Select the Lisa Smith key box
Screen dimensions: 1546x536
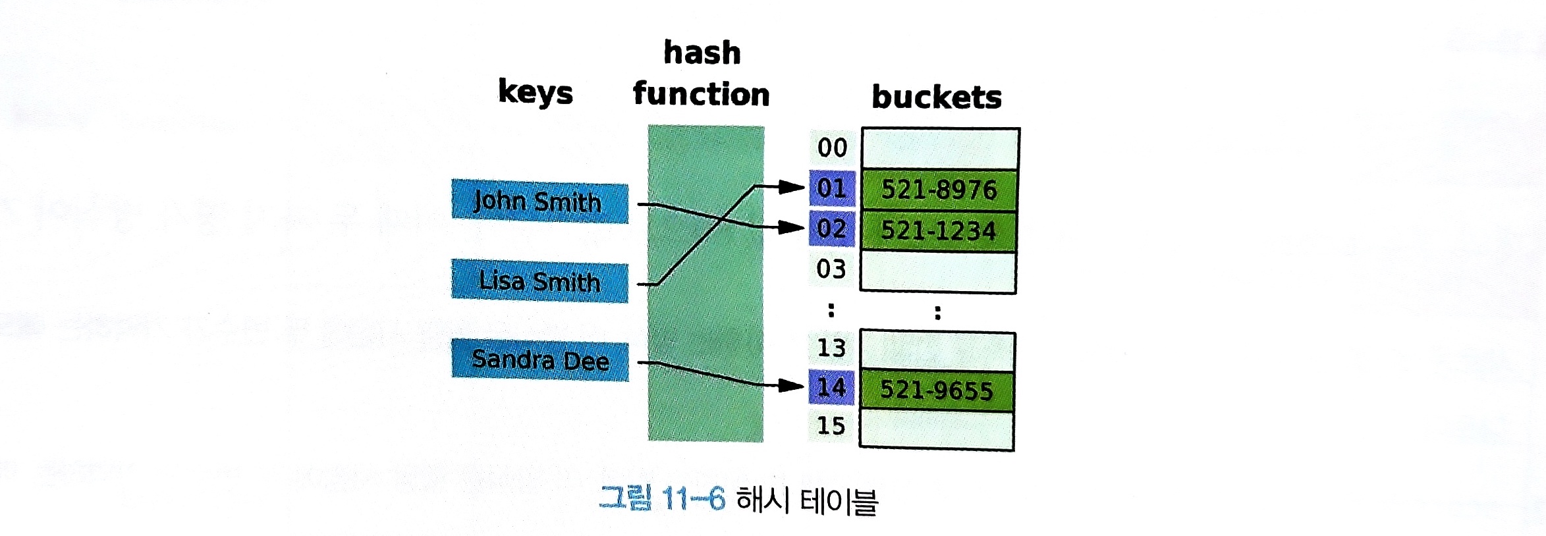539,281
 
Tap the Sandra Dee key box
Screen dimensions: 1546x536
539,360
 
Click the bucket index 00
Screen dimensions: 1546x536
832,147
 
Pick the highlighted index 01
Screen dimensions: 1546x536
831,188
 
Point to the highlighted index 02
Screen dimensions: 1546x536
831,228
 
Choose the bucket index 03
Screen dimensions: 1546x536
831,269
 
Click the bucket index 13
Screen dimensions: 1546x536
831,348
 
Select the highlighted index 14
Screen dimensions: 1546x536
831,387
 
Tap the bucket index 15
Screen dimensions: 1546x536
831,425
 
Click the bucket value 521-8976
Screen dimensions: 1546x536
939,190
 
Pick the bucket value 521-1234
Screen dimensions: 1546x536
939,230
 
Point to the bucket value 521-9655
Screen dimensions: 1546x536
936,390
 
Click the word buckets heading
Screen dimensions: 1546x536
936,97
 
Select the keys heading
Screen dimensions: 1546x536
535,92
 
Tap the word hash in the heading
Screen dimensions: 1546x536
702,53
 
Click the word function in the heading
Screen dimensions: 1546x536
701,94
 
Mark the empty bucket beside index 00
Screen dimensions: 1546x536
940,148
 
